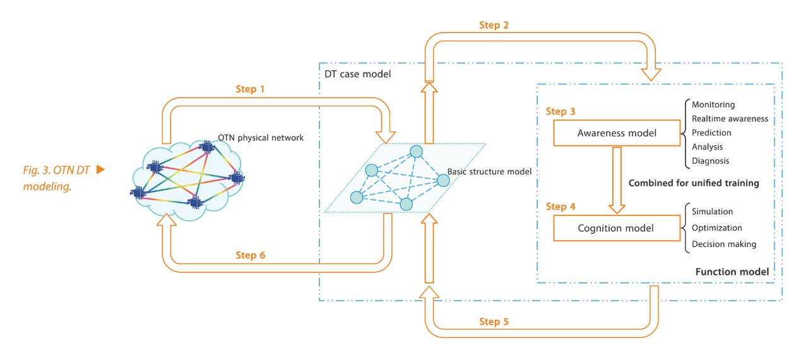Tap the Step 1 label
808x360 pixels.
point(251,90)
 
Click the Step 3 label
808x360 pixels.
point(560,112)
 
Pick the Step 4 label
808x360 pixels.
point(560,207)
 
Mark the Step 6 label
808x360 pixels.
point(251,255)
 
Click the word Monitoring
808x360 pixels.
point(713,105)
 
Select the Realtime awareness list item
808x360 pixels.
point(730,119)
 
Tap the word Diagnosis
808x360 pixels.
point(711,161)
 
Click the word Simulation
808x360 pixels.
point(713,212)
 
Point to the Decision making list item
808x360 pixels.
point(723,244)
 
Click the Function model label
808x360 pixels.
point(732,272)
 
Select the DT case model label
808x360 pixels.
point(357,74)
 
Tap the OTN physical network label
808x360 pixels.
point(260,138)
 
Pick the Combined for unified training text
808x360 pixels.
point(693,183)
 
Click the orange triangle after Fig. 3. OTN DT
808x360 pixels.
point(100,170)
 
